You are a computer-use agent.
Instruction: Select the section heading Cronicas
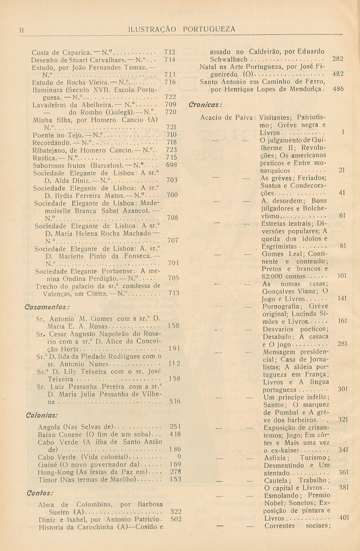[206, 104]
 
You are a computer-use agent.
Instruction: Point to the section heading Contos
[40, 493]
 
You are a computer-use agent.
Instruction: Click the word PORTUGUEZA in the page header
[209, 29]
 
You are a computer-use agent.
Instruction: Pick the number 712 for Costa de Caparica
[170, 52]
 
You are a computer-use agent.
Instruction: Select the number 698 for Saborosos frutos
[172, 165]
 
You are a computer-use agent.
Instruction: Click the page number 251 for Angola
[175, 427]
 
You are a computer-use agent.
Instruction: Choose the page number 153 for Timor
[175, 479]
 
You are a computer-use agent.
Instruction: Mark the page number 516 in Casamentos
[175, 401]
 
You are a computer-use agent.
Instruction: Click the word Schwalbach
[229, 59]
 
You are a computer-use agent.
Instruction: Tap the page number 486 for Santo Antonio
[338, 89]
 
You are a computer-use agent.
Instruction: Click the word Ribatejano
[49, 150]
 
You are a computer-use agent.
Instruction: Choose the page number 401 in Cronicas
[344, 518]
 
